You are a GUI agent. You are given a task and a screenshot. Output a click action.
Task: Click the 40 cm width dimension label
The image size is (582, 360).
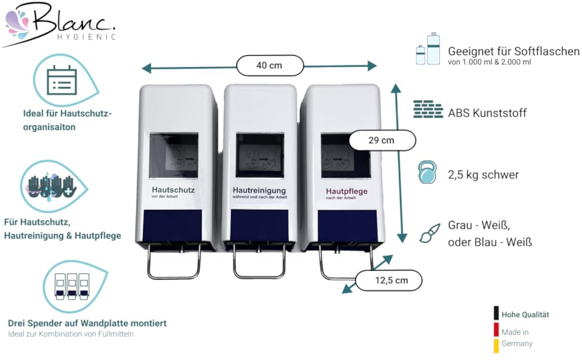(269, 65)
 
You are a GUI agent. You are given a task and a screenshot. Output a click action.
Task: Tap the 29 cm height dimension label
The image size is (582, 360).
(382, 140)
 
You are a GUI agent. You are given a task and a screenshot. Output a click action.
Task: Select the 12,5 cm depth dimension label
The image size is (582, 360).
(389, 280)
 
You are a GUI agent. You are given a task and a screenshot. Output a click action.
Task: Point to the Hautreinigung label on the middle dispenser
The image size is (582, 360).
(259, 191)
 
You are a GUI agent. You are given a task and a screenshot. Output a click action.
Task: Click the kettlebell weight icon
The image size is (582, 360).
(428, 173)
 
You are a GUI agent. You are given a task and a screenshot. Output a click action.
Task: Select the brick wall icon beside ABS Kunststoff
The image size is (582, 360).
(428, 111)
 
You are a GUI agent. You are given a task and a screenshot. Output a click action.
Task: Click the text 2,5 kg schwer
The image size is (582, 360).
(483, 175)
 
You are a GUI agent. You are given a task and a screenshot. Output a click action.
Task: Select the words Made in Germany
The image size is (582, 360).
(516, 338)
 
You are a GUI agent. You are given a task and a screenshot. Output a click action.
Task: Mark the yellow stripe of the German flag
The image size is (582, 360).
(496, 346)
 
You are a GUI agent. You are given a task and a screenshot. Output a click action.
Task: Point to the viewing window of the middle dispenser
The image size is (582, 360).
(259, 155)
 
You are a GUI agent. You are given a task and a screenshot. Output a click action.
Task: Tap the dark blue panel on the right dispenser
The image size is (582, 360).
(346, 227)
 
